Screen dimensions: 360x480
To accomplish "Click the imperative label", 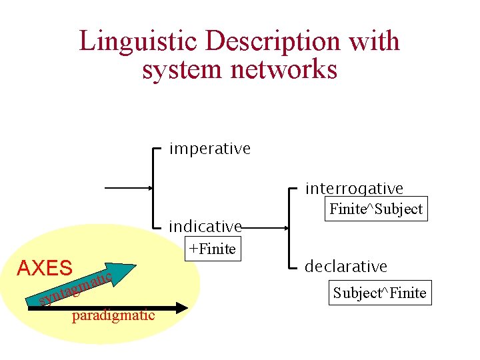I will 210,148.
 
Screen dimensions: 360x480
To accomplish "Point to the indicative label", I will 205,227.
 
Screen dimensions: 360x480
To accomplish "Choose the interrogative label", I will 354,189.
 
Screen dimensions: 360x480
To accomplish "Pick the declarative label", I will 346,266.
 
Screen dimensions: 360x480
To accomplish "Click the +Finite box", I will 212,249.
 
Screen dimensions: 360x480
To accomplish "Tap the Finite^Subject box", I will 376,209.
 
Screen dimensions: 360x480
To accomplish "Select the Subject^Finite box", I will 380,292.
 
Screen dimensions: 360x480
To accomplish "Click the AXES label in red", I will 45,269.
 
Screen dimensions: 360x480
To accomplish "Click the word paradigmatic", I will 113,315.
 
